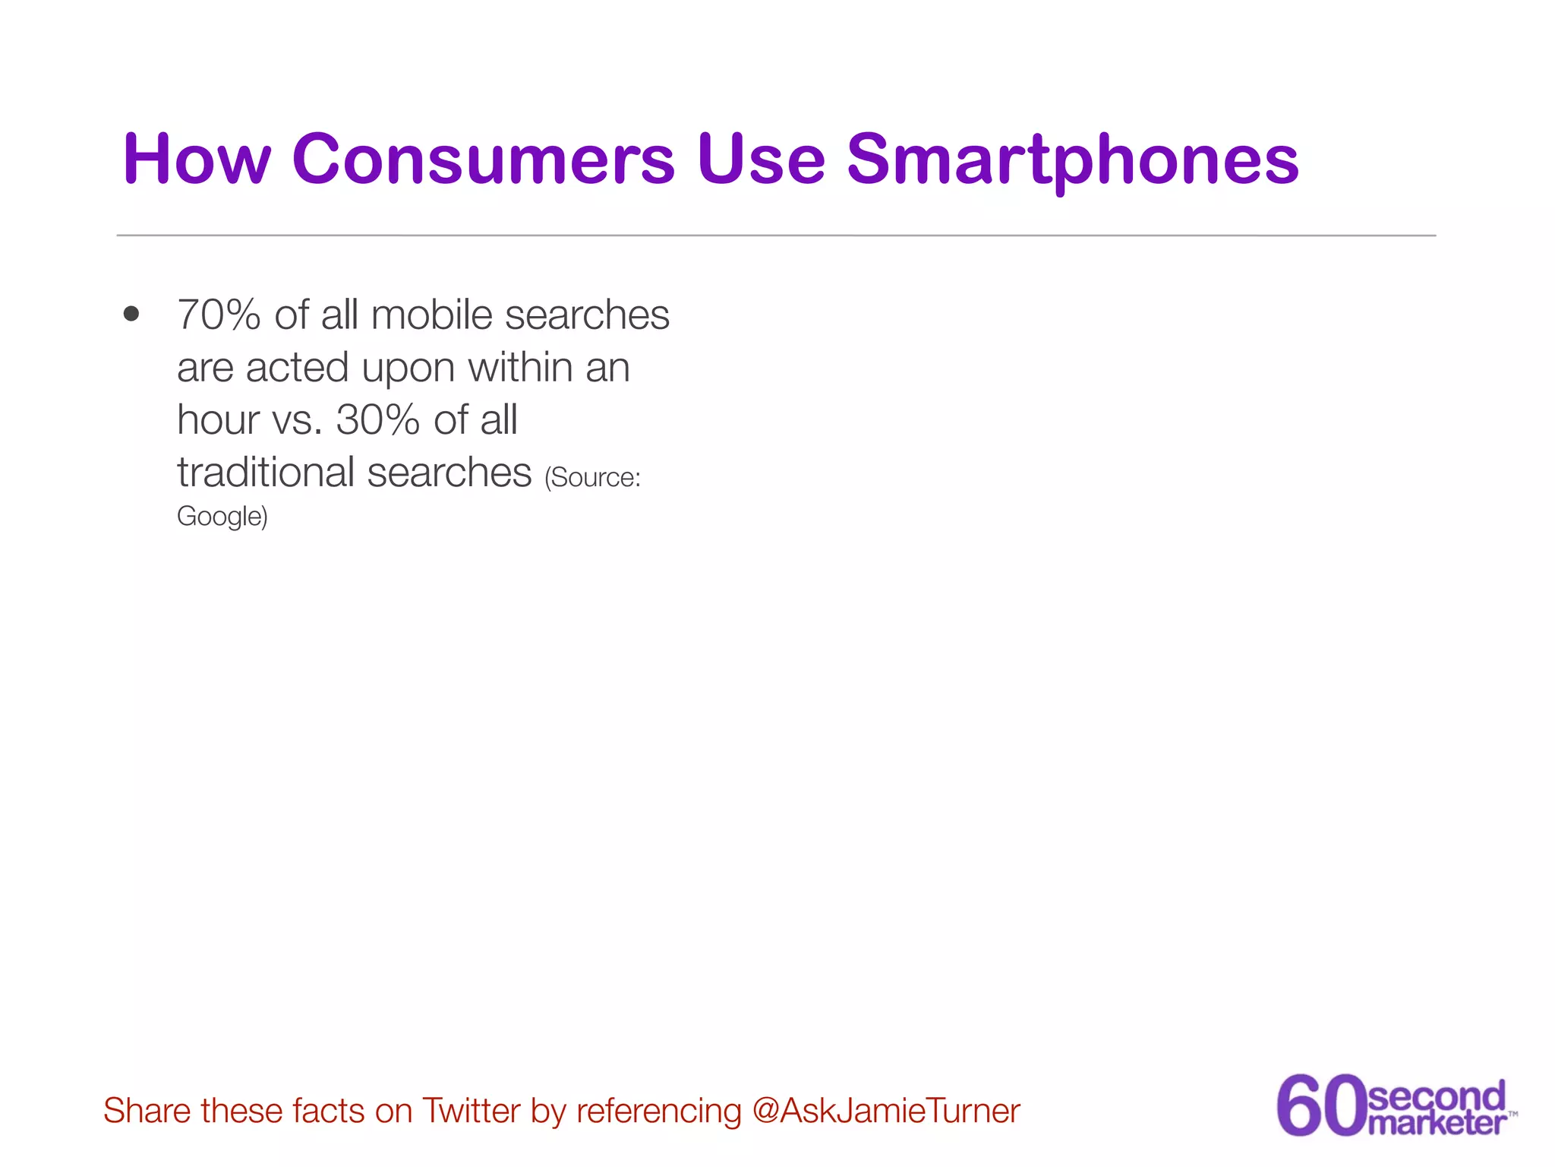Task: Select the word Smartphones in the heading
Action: (1072, 160)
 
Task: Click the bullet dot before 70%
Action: (131, 314)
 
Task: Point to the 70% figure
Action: (219, 315)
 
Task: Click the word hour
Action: (218, 419)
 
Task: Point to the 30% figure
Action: (377, 419)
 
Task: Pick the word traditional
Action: (266, 473)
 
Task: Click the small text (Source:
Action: (592, 477)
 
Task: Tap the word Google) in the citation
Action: (222, 517)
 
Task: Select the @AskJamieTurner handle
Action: (885, 1111)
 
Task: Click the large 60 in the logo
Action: (1320, 1105)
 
